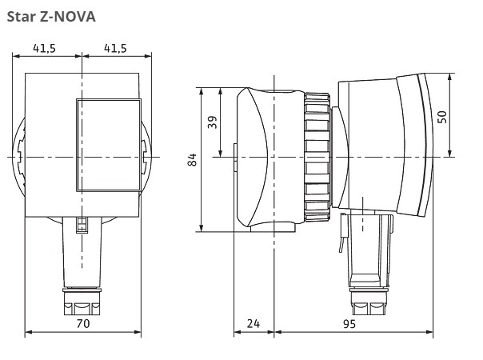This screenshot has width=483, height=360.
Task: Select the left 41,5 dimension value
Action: pos(46,47)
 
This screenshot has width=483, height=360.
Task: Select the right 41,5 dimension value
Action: pos(116,47)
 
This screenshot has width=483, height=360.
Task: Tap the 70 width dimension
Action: pos(82,324)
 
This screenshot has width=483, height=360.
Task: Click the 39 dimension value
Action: pos(212,122)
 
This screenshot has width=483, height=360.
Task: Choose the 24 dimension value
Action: pos(253,324)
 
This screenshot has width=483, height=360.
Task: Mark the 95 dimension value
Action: pos(349,324)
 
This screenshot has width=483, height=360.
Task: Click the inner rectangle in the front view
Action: pos(108,145)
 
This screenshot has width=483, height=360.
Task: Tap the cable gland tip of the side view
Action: pos(369,305)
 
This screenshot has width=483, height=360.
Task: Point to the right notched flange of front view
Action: pos(145,156)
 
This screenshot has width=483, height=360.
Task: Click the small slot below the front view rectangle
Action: pos(81,225)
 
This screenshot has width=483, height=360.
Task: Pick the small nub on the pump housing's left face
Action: pos(234,157)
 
